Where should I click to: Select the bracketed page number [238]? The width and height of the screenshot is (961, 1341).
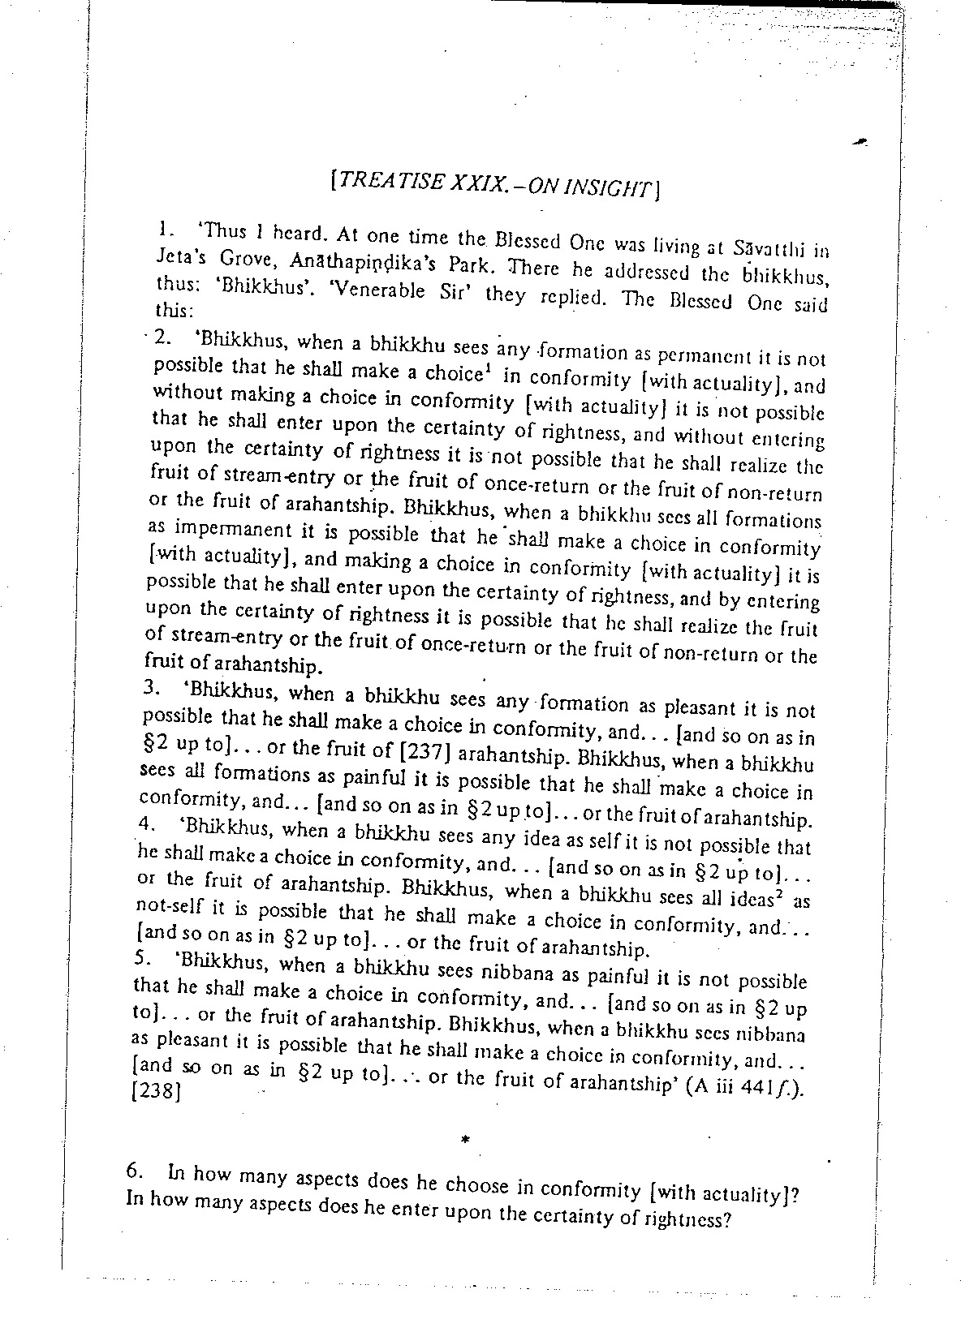pyautogui.click(x=154, y=1091)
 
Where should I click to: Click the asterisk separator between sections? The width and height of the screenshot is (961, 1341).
pyautogui.click(x=465, y=1140)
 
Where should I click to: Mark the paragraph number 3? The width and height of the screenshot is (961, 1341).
pyautogui.click(x=150, y=687)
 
